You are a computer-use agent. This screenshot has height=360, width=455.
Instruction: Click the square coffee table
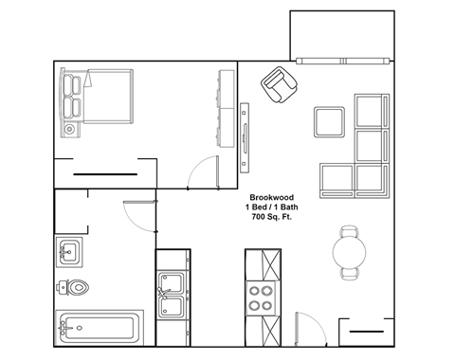click(x=330, y=123)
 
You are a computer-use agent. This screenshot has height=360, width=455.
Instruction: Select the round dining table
click(x=350, y=252)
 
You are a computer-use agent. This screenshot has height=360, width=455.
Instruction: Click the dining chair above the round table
click(x=350, y=231)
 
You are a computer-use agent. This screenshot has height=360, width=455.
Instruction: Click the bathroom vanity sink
click(x=69, y=252)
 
